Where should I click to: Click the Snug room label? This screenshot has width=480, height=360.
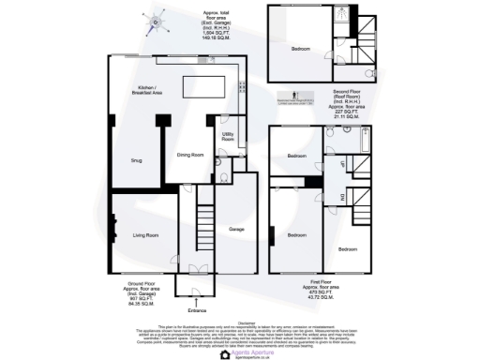[136, 159]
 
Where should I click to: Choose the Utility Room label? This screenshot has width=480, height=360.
[228, 136]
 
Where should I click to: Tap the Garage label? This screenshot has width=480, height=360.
[237, 228]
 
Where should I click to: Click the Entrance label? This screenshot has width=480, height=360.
[197, 310]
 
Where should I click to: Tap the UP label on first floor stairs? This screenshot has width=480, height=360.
[341, 163]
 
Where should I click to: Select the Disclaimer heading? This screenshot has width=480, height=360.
[240, 320]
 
